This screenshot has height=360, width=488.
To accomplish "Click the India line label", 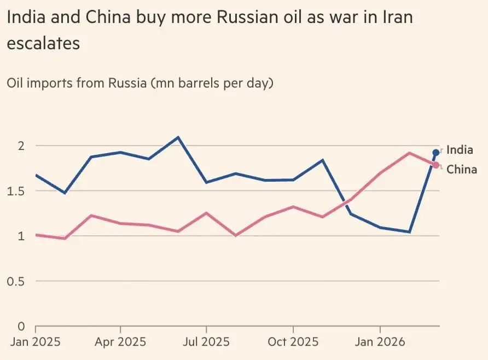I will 460,150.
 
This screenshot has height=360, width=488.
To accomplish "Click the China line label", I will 462,169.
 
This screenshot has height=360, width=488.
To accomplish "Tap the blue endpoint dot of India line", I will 436,153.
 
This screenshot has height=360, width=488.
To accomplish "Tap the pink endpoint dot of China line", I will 436,165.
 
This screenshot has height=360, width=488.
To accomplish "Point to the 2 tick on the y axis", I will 21,146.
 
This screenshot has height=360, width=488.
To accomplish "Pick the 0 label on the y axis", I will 21,326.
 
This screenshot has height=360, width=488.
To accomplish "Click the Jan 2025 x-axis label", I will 35,342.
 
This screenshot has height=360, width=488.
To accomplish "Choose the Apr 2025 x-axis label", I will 120,342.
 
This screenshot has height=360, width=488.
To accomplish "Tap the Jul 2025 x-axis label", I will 206,342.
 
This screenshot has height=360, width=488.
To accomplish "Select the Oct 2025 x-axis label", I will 293,342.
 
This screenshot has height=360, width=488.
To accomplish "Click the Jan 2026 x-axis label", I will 380,342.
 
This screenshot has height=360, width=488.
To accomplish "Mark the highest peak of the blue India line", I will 178,137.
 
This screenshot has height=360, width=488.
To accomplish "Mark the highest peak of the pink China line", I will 409,153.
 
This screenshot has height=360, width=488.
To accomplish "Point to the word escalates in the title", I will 43,43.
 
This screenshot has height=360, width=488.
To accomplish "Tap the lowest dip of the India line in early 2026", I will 409,232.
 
